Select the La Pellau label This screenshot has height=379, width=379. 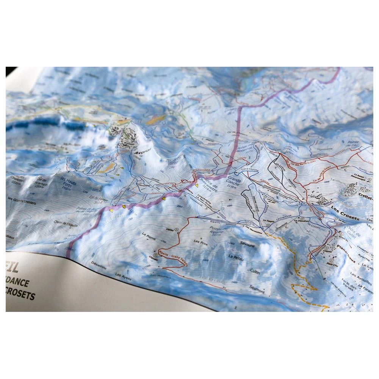(236, 257)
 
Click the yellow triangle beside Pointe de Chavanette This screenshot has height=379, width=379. (197, 186)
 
